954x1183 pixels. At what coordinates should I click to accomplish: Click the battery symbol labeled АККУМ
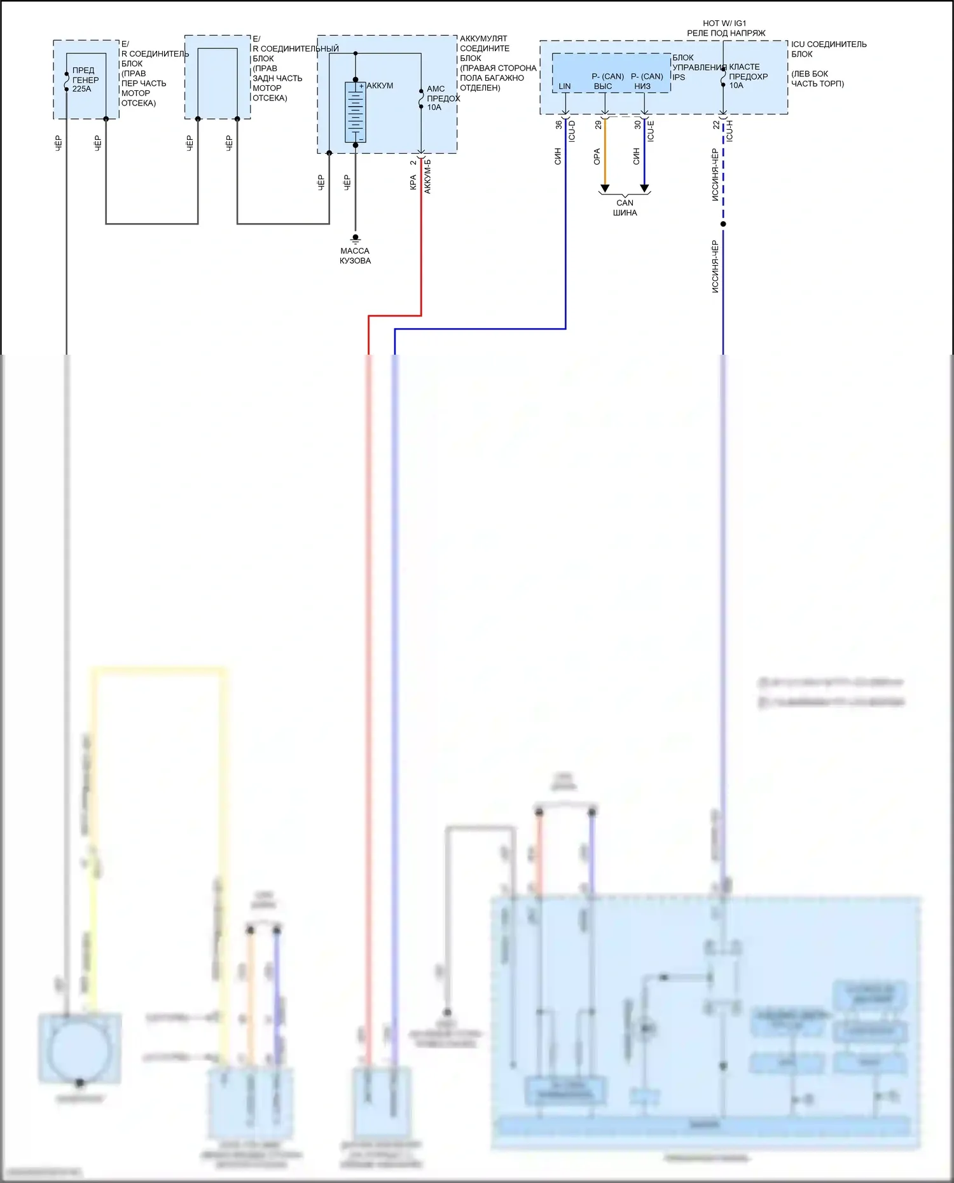pyautogui.click(x=355, y=113)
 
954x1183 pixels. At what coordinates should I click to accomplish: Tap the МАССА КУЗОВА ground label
pyautogui.click(x=355, y=256)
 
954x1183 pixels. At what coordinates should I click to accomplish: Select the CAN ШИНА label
pyautogui.click(x=625, y=208)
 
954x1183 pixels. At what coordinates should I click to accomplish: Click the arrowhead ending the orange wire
pyautogui.click(x=605, y=188)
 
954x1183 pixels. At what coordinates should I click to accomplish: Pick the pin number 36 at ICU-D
pyautogui.click(x=559, y=125)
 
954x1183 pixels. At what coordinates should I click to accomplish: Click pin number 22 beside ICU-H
pyautogui.click(x=717, y=125)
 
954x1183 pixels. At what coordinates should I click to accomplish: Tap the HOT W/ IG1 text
pyautogui.click(x=724, y=23)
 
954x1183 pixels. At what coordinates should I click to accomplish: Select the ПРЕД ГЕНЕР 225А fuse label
pyautogui.click(x=85, y=79)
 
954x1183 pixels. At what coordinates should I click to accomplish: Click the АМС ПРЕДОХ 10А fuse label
pyautogui.click(x=443, y=98)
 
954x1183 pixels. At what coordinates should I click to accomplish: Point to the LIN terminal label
pyautogui.click(x=565, y=86)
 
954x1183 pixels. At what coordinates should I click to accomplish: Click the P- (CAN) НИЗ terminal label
pyautogui.click(x=647, y=81)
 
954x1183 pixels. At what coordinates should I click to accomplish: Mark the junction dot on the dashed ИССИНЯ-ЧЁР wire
pyautogui.click(x=723, y=224)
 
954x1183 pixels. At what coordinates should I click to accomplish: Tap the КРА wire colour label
pyautogui.click(x=413, y=182)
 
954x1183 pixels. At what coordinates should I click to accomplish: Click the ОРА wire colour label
pyautogui.click(x=597, y=156)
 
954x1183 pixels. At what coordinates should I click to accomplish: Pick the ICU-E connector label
pyautogui.click(x=651, y=131)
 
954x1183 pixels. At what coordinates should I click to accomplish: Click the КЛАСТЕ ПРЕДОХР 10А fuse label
pyautogui.click(x=748, y=76)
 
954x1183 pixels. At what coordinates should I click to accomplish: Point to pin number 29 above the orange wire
pyautogui.click(x=598, y=125)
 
